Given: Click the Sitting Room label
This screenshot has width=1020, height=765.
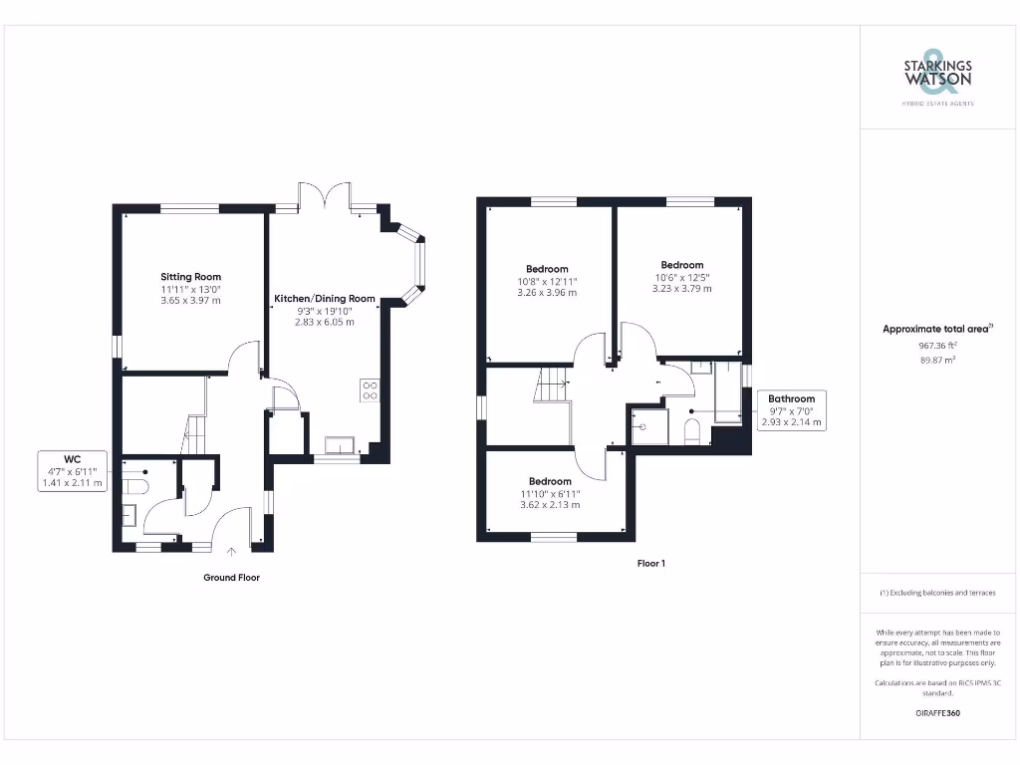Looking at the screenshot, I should pyautogui.click(x=191, y=277).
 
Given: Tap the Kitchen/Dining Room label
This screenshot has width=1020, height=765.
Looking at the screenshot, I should pyautogui.click(x=325, y=298).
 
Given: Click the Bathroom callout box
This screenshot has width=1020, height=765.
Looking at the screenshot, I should pyautogui.click(x=791, y=410).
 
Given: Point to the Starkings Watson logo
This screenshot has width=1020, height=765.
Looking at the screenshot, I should pyautogui.click(x=937, y=76).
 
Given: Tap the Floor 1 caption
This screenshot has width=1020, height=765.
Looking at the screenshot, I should pyautogui.click(x=650, y=564).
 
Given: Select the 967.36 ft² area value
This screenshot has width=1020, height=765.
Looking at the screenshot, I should pyautogui.click(x=936, y=345).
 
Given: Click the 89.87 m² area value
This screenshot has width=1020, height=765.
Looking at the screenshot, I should pyautogui.click(x=936, y=360).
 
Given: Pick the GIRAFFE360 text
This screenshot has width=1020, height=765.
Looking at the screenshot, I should pyautogui.click(x=937, y=713).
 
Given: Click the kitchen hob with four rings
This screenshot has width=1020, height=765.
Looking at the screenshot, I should pyautogui.click(x=370, y=389).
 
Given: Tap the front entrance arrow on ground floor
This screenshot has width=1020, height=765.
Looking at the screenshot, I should pyautogui.click(x=232, y=549).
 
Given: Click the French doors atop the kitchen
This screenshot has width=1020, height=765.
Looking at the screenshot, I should pyautogui.click(x=325, y=196).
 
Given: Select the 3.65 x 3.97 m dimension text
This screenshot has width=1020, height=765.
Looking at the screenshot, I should pyautogui.click(x=191, y=300).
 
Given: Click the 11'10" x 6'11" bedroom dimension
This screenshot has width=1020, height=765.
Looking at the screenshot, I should pyautogui.click(x=550, y=493).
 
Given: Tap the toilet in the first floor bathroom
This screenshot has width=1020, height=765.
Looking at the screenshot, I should pyautogui.click(x=693, y=430).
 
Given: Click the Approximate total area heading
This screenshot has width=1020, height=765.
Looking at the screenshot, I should pyautogui.click(x=936, y=329).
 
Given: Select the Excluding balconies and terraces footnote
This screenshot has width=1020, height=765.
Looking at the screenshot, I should pyautogui.click(x=936, y=593).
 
